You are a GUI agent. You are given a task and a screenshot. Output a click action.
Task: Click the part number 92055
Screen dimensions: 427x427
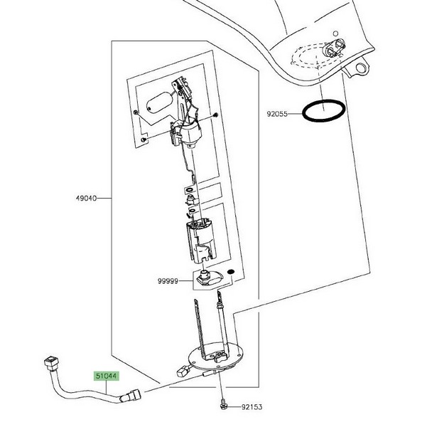coord(277,113)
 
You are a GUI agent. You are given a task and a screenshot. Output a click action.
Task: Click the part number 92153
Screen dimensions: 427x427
coord(252,408)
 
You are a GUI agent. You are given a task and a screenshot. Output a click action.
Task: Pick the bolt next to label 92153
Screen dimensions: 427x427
coord(223,404)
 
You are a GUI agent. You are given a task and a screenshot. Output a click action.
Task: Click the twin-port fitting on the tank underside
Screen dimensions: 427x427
coord(331,51)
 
